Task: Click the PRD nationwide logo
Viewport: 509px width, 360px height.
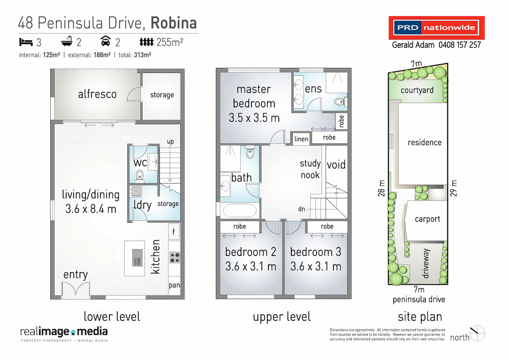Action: point(436,28)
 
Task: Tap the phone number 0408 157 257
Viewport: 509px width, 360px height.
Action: point(459,45)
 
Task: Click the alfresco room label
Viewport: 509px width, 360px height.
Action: point(97,94)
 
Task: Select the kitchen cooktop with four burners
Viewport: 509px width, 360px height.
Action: point(174,258)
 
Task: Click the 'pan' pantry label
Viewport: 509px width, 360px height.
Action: point(174,285)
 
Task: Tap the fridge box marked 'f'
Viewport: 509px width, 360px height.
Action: point(174,231)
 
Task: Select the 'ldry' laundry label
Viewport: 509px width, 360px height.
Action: point(142,205)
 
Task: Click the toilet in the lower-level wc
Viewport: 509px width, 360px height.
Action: point(139,175)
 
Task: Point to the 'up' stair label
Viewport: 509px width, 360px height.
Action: point(170,142)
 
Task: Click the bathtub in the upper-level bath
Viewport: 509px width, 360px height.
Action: point(240,210)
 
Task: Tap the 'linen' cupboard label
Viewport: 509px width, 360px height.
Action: point(301,139)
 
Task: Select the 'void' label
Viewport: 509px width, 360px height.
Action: point(336,165)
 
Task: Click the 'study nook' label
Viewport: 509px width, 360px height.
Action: point(310,169)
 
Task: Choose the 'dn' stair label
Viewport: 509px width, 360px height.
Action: point(302,209)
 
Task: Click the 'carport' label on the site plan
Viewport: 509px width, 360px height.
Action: point(427,219)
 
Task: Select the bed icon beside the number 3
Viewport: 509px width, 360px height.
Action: point(25,41)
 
